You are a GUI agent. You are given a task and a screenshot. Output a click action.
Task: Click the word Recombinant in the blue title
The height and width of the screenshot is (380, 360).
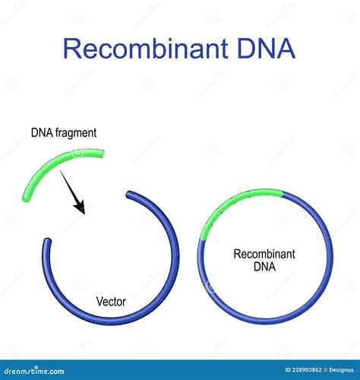click(146, 48)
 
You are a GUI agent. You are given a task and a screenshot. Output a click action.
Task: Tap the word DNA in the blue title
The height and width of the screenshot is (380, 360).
click(267, 48)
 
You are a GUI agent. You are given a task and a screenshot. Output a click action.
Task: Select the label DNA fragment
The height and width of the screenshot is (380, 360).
click(64, 133)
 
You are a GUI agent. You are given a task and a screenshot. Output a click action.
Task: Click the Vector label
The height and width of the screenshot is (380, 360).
click(111, 302)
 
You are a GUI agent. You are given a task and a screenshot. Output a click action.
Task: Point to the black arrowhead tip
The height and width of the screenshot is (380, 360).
click(84, 214)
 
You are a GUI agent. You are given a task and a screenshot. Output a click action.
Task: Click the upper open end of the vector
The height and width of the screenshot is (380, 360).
click(129, 195)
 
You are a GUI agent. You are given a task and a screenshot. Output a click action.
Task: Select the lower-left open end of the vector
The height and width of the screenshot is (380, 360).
click(47, 241)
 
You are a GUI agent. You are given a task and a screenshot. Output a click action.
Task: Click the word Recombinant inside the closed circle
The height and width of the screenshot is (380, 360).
click(264, 254)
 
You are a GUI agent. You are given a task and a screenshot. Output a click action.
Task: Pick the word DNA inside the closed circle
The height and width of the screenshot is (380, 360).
click(264, 267)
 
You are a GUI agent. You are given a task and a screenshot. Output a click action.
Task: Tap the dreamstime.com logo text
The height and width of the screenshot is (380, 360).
click(34, 371)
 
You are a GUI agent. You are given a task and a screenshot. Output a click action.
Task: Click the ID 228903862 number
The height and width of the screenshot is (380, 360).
click(304, 370)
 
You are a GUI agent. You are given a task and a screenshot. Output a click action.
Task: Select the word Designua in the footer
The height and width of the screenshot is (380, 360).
click(341, 370)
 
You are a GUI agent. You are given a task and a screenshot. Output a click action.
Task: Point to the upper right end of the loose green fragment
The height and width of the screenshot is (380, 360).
click(102, 154)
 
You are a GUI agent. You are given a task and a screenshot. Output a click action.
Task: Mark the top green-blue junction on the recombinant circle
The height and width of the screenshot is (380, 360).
click(283, 194)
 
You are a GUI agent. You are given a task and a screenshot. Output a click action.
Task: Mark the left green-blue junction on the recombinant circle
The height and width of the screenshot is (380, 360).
click(202, 239)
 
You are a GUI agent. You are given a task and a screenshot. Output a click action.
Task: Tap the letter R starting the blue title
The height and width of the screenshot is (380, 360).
click(71, 49)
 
